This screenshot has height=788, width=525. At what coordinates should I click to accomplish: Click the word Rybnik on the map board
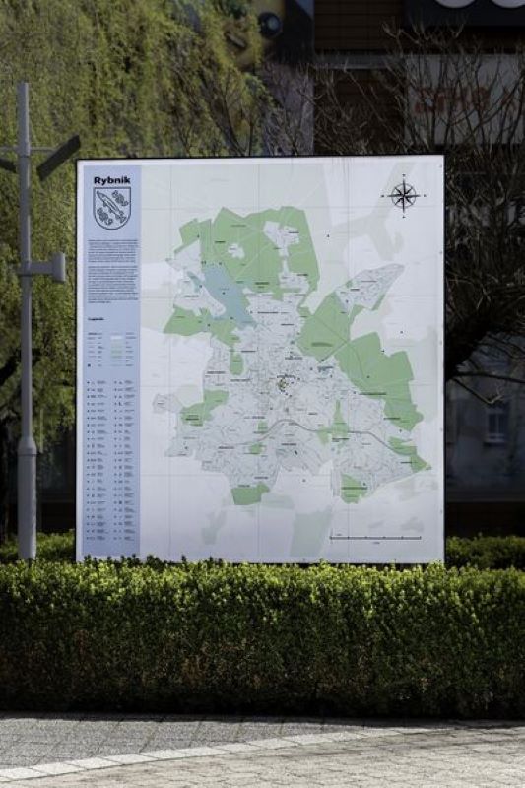tap(111, 180)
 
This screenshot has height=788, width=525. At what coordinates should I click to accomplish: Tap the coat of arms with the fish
tap(111, 208)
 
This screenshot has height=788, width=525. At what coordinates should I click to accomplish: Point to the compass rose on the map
tap(403, 195)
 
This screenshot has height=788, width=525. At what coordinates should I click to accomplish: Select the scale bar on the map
tap(375, 538)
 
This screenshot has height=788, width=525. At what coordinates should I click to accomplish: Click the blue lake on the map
tap(226, 294)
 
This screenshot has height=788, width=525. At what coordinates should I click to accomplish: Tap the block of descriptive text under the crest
tap(110, 272)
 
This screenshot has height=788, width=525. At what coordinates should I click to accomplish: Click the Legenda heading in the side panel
tap(97, 320)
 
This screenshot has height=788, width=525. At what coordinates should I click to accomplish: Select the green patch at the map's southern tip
tap(249, 493)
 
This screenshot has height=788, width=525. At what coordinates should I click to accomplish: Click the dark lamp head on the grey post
tap(58, 157)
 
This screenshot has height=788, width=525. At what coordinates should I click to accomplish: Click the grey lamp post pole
tap(26, 394)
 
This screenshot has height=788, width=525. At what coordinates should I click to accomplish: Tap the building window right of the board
tap(495, 422)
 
